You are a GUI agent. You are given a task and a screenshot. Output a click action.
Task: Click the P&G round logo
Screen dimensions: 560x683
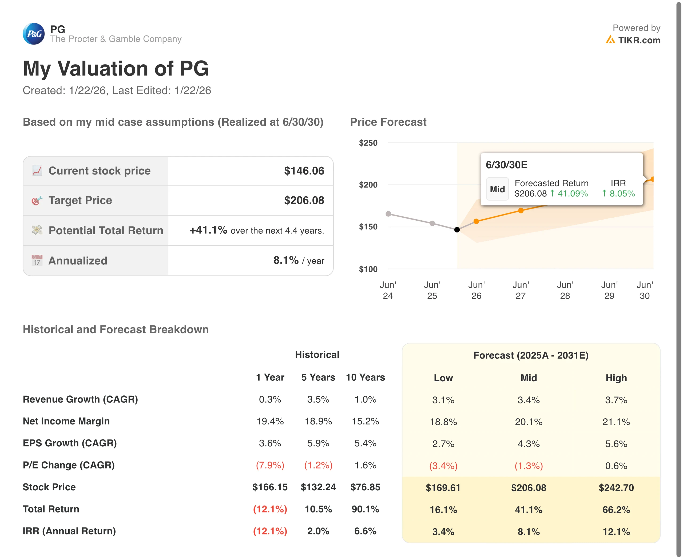[x=34, y=34]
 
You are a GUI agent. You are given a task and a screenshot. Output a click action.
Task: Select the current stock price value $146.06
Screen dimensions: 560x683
[x=304, y=171]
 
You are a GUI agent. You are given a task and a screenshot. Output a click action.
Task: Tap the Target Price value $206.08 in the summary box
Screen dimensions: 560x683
[x=304, y=200]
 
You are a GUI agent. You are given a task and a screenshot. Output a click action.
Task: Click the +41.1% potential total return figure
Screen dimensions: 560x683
[x=208, y=230]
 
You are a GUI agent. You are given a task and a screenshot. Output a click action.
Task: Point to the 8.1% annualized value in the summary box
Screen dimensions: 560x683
[x=286, y=260]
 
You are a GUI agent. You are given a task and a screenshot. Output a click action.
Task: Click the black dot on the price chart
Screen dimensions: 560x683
[x=457, y=230]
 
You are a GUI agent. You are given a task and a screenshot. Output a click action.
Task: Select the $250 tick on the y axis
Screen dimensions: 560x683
[x=368, y=143]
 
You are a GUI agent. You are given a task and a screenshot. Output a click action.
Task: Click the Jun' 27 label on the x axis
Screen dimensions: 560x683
[x=521, y=290]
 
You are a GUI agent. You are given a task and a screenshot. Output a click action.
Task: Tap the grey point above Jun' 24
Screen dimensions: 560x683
[x=388, y=214]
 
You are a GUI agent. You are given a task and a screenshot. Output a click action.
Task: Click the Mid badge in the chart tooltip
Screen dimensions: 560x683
[x=497, y=189]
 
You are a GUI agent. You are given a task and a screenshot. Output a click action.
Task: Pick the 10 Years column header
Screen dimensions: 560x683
[x=365, y=378]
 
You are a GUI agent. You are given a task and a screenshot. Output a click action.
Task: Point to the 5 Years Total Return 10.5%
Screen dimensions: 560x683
[x=318, y=509]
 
